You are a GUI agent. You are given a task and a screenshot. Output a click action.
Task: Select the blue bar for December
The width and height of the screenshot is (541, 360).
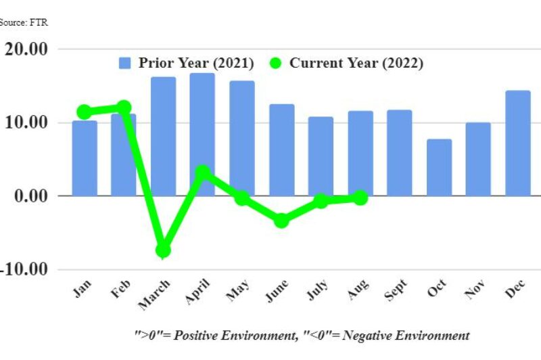[517, 143]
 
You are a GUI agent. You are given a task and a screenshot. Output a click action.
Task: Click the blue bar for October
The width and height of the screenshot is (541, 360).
[439, 167]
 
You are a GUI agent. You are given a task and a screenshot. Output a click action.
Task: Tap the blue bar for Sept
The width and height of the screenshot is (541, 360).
[399, 152]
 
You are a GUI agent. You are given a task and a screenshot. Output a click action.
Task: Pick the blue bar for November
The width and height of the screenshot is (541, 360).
[478, 159]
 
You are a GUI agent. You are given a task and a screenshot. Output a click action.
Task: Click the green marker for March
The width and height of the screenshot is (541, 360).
[163, 250]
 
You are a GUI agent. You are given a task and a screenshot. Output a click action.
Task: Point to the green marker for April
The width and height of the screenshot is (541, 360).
[202, 173]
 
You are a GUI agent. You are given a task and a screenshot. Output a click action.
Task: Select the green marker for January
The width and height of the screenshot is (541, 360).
[85, 112]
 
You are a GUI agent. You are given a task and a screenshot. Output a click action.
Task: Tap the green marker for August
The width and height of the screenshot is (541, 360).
[360, 198]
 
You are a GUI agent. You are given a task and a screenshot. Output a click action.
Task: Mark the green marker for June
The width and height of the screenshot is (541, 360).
[281, 220]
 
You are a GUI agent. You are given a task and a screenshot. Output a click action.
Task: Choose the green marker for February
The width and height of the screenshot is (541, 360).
[124, 107]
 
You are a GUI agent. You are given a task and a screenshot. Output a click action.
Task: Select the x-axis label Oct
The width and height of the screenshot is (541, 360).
[436, 293]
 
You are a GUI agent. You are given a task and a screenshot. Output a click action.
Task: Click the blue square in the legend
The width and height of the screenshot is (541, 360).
[125, 64]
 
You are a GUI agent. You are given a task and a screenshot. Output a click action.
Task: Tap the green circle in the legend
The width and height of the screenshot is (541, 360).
[275, 64]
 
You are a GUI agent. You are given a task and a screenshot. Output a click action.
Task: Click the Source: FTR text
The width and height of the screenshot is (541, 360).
[24, 22]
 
